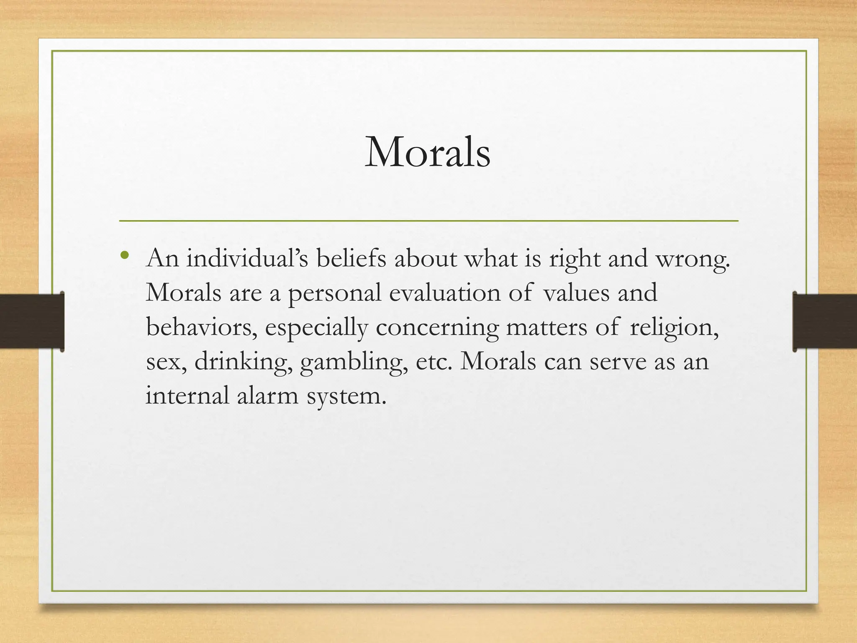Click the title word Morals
[427, 152]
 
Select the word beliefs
[351, 258]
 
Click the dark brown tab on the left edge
[32, 321]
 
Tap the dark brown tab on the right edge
[825, 321]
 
